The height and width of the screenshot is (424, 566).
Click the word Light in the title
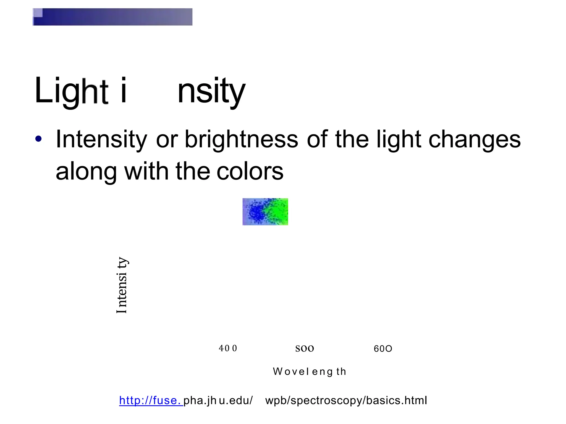pyautogui.click(x=71, y=91)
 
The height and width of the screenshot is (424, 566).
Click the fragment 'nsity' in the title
pyautogui.click(x=211, y=91)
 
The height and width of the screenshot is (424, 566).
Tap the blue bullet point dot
pyautogui.click(x=38, y=139)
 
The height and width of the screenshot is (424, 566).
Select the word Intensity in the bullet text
pyautogui.click(x=101, y=140)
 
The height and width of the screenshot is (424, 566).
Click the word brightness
pyautogui.click(x=241, y=140)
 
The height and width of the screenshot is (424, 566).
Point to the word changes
pyautogui.click(x=474, y=140)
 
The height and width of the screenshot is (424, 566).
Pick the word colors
pyautogui.click(x=250, y=171)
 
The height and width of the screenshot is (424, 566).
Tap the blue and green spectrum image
pyautogui.click(x=265, y=212)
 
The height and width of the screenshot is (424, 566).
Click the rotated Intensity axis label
pyautogui.click(x=122, y=285)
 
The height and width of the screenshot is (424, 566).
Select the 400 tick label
pyautogui.click(x=228, y=348)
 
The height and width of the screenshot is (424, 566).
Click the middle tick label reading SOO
pyautogui.click(x=305, y=349)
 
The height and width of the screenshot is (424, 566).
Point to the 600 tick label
pyautogui.click(x=383, y=349)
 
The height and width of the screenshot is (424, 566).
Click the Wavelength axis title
pyautogui.click(x=310, y=372)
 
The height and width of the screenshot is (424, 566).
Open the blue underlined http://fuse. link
pyautogui.click(x=151, y=401)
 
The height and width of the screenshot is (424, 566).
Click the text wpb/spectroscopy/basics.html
pyautogui.click(x=346, y=401)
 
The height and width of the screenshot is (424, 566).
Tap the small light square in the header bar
pyautogui.click(x=38, y=13)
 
